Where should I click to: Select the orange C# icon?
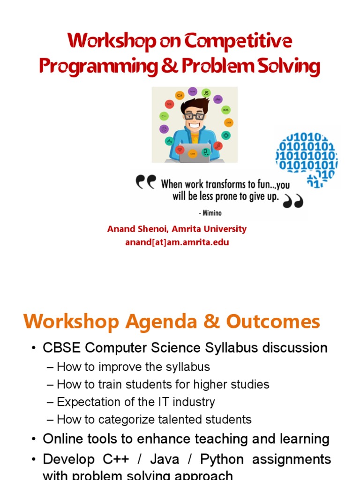180,96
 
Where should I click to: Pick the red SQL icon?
169,105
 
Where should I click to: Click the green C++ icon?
164,116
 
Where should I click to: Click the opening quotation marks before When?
146,182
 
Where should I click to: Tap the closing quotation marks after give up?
293,201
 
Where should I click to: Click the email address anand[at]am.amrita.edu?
177,242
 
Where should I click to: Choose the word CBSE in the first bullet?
58,348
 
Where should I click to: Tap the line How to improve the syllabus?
133,367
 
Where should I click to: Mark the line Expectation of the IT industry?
135,402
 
